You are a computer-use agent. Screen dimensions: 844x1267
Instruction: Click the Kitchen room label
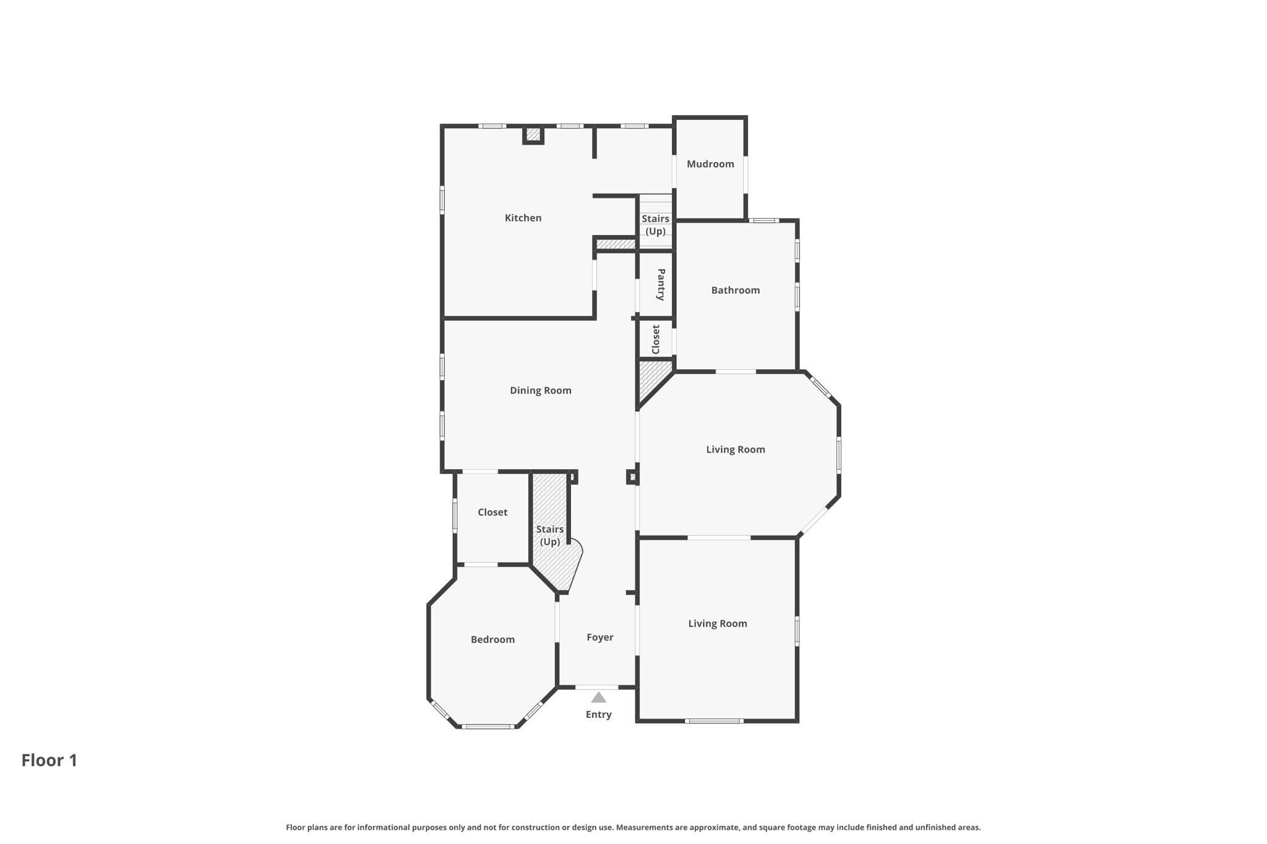tap(523, 218)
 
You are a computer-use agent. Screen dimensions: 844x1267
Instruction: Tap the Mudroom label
tap(710, 164)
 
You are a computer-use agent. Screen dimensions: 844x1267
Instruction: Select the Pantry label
tap(661, 284)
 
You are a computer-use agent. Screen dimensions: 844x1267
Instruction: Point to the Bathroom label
tap(735, 290)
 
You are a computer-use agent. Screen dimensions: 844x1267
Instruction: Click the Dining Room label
tap(540, 390)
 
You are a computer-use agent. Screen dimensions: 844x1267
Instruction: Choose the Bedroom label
tap(492, 639)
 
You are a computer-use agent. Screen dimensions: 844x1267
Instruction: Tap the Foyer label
tap(599, 637)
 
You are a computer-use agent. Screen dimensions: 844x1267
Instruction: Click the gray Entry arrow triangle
tap(598, 698)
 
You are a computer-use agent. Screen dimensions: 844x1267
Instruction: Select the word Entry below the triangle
tap(598, 714)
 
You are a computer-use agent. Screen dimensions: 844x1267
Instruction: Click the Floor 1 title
tap(49, 760)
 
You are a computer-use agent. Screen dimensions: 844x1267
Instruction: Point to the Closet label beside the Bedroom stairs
tap(492, 512)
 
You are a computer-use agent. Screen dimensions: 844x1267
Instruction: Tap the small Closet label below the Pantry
tap(656, 339)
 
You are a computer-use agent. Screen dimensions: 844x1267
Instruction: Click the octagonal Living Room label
tap(735, 450)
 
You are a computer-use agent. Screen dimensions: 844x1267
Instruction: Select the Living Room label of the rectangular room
tap(718, 623)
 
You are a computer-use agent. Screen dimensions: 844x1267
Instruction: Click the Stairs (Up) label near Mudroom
tap(655, 224)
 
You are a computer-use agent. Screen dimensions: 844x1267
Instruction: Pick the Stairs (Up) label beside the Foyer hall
tap(549, 535)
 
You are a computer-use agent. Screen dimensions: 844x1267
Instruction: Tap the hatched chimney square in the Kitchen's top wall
tap(533, 134)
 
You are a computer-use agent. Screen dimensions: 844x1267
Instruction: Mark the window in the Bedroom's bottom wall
tap(487, 727)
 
